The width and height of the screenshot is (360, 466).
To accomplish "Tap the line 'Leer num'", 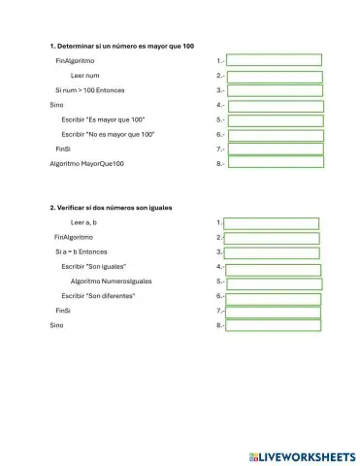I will (85, 75).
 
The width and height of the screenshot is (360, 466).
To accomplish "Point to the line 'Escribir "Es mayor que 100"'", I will (103, 118).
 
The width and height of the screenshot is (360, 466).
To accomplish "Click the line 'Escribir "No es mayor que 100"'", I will (108, 133).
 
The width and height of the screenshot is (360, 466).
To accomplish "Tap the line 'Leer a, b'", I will (84, 222).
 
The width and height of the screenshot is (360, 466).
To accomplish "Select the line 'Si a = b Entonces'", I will (81, 251).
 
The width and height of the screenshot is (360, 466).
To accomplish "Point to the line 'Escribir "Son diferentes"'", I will (98, 295).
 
